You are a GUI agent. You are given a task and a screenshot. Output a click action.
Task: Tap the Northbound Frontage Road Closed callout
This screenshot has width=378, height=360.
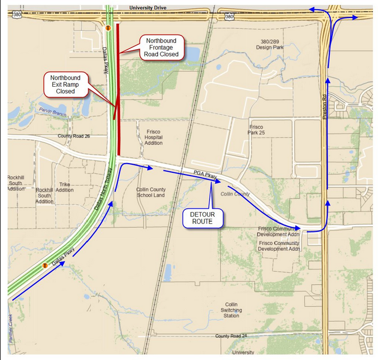pos(161,47)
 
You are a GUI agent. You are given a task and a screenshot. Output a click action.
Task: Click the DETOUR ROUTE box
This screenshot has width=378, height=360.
pos(203,218)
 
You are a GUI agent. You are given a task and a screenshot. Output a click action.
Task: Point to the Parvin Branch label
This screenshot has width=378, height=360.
pos(51,110)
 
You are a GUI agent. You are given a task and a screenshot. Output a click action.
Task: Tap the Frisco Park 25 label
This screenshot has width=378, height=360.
pos(256,130)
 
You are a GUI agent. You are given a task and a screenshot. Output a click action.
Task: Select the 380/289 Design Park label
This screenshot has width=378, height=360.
pos(271,44)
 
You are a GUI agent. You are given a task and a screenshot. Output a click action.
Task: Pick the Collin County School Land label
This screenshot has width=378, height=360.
pos(151,192)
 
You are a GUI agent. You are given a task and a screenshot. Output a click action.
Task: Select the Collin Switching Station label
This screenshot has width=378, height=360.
pos(231,310)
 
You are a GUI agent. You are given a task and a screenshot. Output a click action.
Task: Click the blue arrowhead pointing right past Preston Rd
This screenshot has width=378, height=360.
pos(356,17)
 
